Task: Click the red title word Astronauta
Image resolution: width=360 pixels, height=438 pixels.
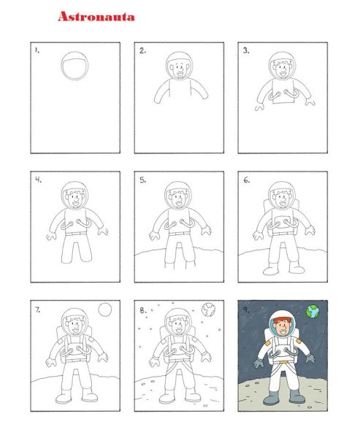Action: [x=96, y=17]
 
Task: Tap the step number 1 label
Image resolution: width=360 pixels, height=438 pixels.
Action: [x=37, y=50]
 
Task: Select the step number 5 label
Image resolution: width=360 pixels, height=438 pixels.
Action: [x=142, y=180]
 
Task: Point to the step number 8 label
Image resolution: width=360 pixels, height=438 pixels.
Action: [x=143, y=310]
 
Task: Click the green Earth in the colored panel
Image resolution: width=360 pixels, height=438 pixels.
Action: [x=313, y=312]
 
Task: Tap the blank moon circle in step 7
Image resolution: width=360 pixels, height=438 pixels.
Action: [x=105, y=310]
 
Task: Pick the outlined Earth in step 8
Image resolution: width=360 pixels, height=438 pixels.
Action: [x=209, y=310]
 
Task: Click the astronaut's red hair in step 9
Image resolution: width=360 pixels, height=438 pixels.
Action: [x=282, y=321]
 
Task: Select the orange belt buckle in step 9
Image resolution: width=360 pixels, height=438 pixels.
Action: [x=284, y=362]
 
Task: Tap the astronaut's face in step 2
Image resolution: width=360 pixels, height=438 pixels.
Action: [x=179, y=70]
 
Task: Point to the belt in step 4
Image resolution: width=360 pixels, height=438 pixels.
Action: [x=76, y=234]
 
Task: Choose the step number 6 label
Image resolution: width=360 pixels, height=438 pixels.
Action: [x=246, y=180]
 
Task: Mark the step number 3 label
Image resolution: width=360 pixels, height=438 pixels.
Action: [x=246, y=50]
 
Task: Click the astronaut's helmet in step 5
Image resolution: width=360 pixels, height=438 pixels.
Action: [x=178, y=195]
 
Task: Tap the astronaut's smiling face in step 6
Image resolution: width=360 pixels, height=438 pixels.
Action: [x=283, y=199]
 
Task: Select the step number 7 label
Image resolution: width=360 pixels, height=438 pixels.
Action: [x=38, y=310]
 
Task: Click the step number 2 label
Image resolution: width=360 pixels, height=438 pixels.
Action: [x=142, y=50]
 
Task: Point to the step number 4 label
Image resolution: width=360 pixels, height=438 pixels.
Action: [x=38, y=180]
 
